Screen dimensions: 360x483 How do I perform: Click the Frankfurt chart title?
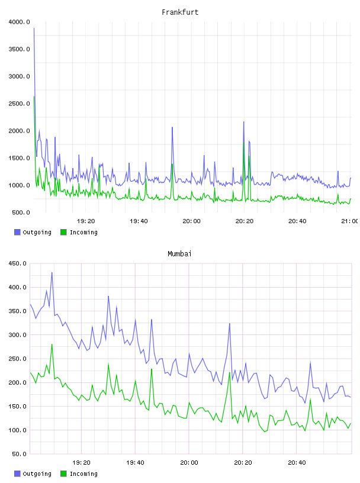point(180,12)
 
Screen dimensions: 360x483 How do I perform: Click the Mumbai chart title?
point(179,254)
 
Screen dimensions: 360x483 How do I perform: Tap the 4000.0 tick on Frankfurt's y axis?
point(19,22)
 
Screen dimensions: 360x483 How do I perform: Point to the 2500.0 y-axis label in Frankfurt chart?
point(19,104)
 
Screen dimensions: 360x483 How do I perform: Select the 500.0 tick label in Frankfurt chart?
point(21,212)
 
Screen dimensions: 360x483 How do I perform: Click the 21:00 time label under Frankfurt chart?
point(350,221)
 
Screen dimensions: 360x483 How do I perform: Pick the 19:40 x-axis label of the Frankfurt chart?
point(139,221)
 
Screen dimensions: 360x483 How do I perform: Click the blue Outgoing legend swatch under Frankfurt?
point(17,232)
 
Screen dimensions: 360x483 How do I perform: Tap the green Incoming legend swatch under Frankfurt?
point(63,232)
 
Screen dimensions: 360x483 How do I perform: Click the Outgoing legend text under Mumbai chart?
point(37,474)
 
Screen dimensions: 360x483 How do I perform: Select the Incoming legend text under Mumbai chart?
point(83,474)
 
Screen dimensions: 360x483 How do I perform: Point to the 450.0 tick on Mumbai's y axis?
point(18,263)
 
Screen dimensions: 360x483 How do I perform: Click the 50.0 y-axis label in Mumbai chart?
point(19,454)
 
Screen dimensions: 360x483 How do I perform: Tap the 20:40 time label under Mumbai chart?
point(297,463)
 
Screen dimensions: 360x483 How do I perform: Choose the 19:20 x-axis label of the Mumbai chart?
point(81,463)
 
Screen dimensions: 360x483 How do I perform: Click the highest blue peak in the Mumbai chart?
point(52,273)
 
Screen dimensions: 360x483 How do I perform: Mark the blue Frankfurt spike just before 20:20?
point(244,122)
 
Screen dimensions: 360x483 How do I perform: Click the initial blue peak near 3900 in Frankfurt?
point(34,28)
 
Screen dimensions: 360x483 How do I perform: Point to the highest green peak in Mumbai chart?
point(52,344)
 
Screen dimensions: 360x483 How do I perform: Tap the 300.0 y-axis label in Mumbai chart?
point(18,335)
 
